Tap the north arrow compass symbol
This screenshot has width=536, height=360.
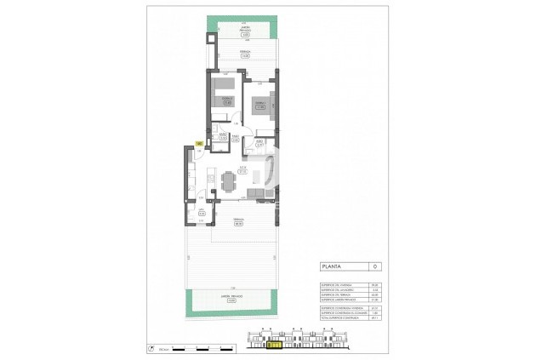(151, 347)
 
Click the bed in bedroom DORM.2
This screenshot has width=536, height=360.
(224, 94)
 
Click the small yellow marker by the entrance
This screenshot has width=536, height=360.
(198, 144)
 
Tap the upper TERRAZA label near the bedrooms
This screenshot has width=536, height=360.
(245, 57)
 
